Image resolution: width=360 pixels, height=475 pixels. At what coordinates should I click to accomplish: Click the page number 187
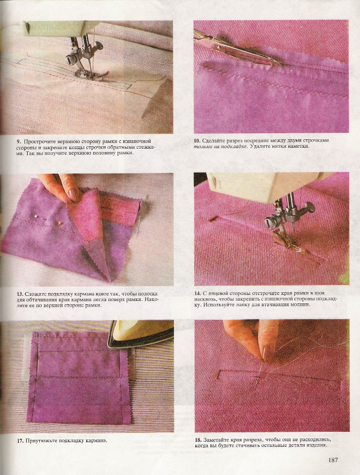click(x=333, y=460)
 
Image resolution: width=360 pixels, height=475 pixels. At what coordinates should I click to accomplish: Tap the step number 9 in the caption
click(x=19, y=142)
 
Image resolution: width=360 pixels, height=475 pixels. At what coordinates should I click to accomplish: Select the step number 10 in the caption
click(x=197, y=141)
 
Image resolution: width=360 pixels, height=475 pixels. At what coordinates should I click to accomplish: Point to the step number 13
click(x=20, y=294)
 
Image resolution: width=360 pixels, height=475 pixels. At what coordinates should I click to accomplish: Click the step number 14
click(x=197, y=293)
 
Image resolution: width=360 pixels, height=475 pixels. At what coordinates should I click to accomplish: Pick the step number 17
click(x=20, y=440)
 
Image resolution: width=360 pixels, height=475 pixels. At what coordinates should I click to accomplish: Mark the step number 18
click(x=198, y=440)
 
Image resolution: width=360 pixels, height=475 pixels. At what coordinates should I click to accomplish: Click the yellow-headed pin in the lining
click(x=60, y=224)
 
